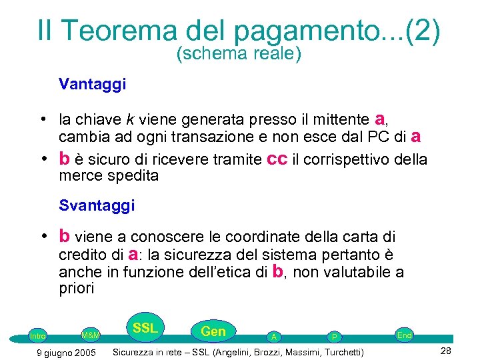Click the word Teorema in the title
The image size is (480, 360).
(x=123, y=31)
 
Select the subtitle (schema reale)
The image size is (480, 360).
(x=239, y=54)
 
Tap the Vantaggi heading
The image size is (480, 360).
(x=93, y=85)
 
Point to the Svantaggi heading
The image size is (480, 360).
(x=97, y=205)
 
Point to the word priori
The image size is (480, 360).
(x=77, y=289)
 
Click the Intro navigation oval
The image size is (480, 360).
(x=38, y=335)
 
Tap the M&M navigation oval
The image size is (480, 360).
(x=90, y=335)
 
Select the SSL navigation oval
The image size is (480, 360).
(x=145, y=328)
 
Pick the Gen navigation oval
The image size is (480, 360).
(x=213, y=331)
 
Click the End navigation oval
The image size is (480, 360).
(x=405, y=335)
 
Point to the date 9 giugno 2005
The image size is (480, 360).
(x=65, y=352)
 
